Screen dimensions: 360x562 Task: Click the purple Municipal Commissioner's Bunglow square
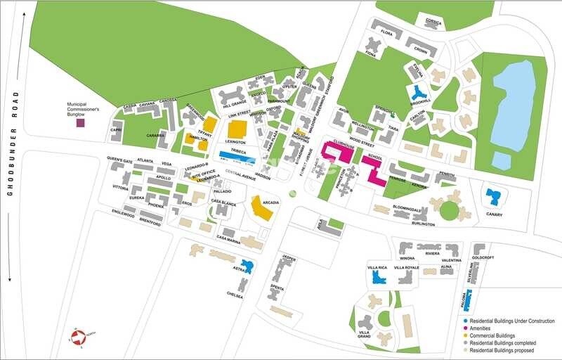tap(80, 123)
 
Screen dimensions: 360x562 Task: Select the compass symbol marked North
tap(78, 337)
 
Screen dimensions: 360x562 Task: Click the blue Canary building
tap(494, 197)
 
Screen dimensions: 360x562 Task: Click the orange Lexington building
tap(237, 129)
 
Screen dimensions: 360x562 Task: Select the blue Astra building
tap(247, 266)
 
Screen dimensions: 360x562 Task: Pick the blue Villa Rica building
tap(378, 278)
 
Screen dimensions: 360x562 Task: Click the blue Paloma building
tap(467, 300)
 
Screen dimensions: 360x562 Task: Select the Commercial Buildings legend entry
tap(496, 335)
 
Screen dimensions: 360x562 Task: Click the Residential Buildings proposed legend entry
tap(502, 350)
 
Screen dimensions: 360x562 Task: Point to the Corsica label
tap(433, 22)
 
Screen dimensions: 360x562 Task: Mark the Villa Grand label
tap(364, 333)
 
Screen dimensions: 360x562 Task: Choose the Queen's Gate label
tap(119, 160)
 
